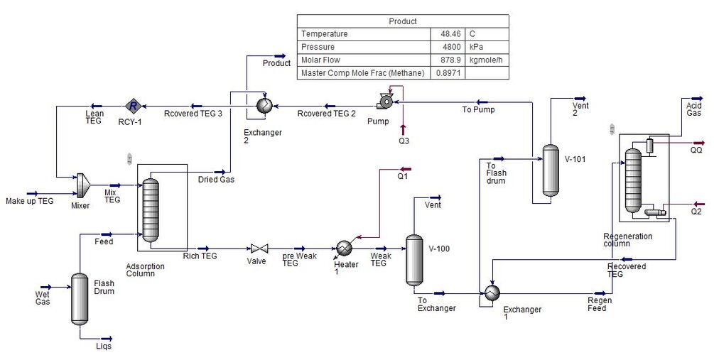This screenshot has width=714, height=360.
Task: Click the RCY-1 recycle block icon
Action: coord(132,106)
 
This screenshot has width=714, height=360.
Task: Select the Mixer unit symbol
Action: coord(84,184)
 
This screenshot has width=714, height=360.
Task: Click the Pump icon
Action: coord(386,102)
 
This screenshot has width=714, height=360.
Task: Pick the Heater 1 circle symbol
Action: coord(345,247)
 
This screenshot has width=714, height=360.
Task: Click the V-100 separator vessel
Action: coord(413,258)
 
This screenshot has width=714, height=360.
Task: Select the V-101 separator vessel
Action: coord(551,170)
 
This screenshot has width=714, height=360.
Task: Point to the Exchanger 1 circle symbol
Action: coord(492,293)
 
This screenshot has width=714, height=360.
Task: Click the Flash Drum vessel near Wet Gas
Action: coord(80,298)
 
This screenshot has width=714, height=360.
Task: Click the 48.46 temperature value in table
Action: coord(448,34)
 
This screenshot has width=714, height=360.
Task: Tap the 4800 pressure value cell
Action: coord(448,47)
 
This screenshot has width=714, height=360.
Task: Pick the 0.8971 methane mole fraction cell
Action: coord(448,72)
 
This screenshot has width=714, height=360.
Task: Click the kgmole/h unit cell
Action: coord(487,60)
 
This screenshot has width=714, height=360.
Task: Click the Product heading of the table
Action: coord(402,21)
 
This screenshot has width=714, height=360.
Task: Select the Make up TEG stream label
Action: coord(29,201)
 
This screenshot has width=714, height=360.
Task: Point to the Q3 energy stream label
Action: coord(404,141)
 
